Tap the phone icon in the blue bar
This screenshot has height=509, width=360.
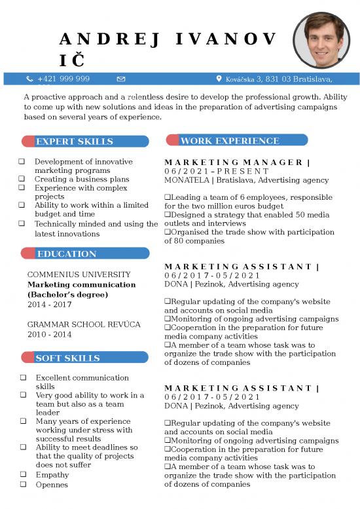[x=29, y=79]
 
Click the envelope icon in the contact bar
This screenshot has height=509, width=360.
[x=121, y=79]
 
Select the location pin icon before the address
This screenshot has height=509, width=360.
[x=219, y=79]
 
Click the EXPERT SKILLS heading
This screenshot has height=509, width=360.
[x=74, y=141]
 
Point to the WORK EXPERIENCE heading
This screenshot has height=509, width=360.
[x=230, y=141]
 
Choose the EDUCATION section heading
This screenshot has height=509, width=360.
[x=66, y=254]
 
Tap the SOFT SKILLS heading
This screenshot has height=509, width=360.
[x=67, y=358]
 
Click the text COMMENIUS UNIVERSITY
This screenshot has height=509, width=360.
[x=79, y=274]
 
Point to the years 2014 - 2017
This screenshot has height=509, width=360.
[x=50, y=305]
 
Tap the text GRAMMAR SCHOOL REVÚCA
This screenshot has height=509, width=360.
[x=84, y=324]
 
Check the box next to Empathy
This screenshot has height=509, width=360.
[x=23, y=475]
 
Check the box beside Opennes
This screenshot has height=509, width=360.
[x=23, y=485]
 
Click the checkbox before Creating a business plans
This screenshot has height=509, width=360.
[x=22, y=179]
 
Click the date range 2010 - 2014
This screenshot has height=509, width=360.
[x=49, y=334]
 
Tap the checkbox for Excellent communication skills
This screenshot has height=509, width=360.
[x=23, y=378]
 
